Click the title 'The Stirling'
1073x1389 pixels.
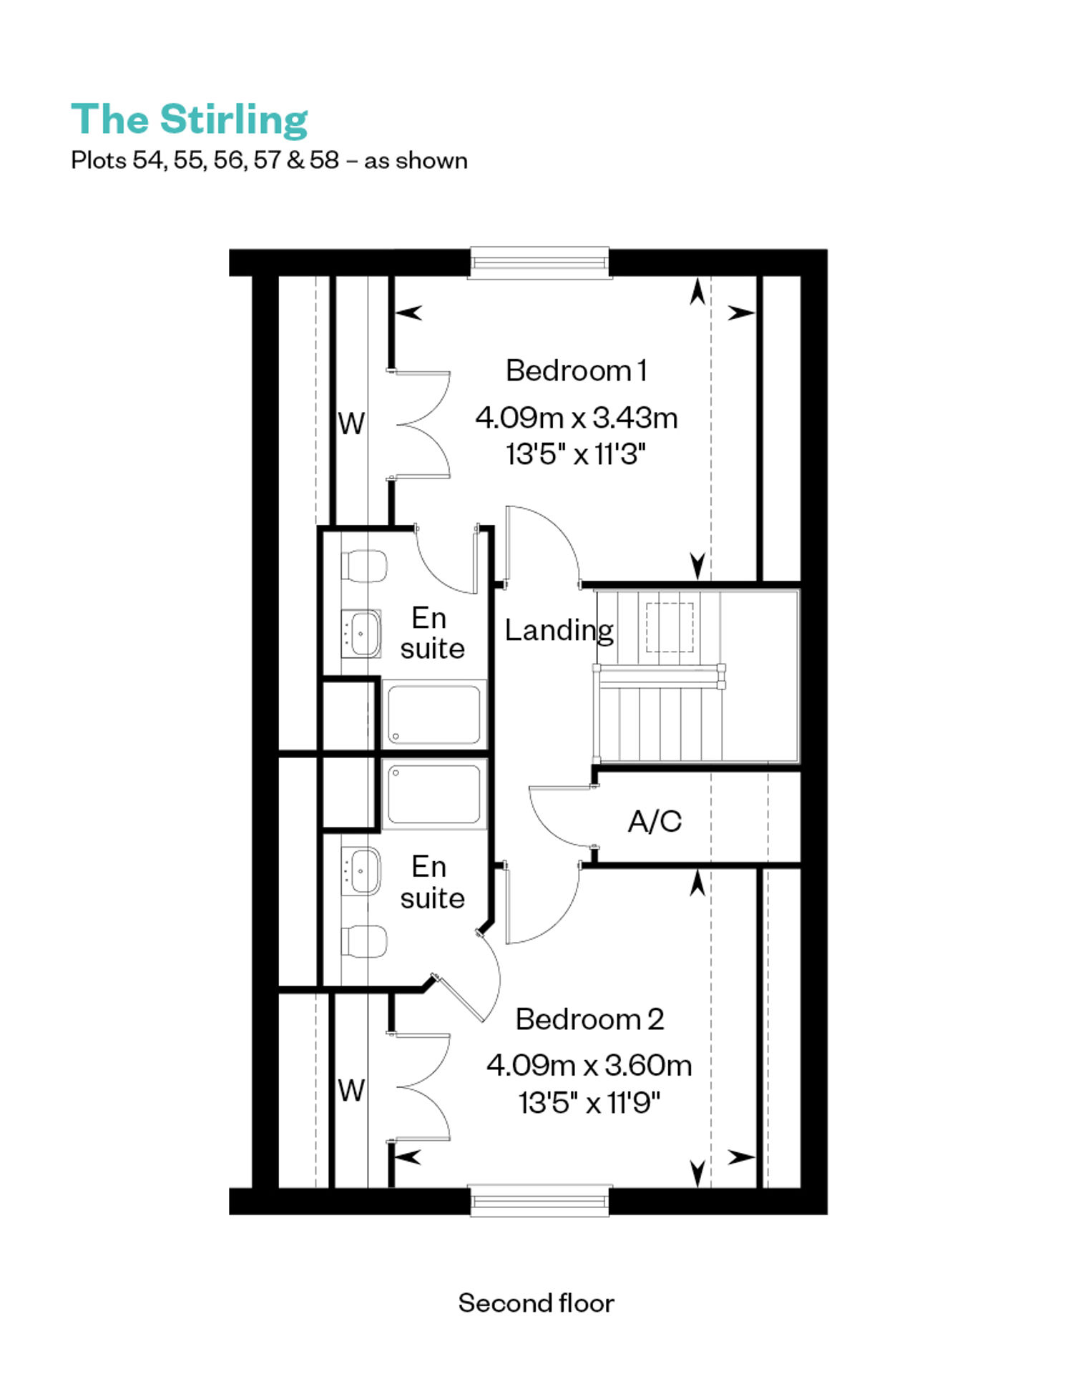(190, 119)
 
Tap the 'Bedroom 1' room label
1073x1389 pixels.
(576, 370)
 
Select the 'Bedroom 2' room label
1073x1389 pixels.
(589, 1019)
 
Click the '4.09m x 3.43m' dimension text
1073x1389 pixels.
(577, 418)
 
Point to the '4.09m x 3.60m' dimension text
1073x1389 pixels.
(589, 1066)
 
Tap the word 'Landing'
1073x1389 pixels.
(559, 631)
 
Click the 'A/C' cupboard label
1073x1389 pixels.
(655, 821)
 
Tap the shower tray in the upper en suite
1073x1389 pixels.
(434, 715)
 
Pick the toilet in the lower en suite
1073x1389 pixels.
(364, 941)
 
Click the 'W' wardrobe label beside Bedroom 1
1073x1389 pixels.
(351, 424)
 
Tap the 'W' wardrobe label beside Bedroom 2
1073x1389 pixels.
(351, 1091)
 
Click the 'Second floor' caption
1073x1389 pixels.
(536, 1303)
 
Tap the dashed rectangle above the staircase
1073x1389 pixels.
(670, 627)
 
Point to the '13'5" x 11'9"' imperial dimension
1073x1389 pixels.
(589, 1103)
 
